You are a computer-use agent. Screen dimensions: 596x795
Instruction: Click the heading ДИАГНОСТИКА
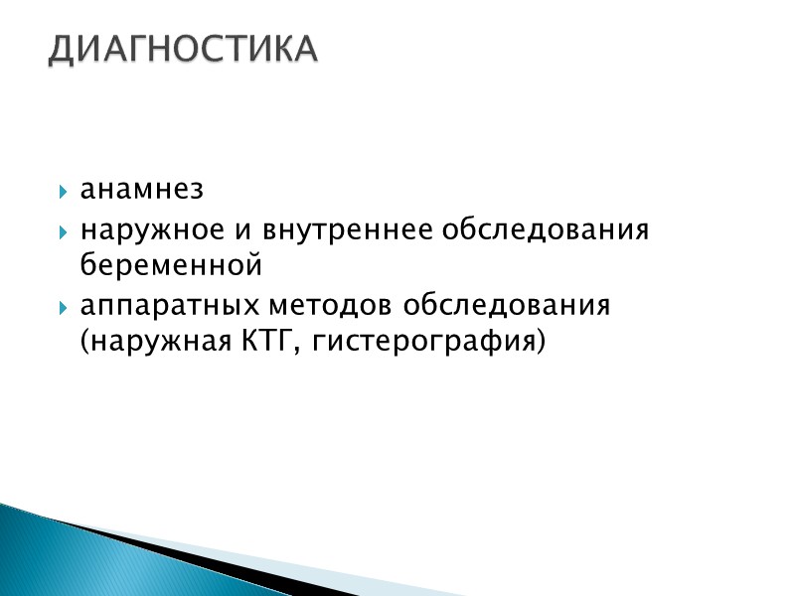click(184, 49)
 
